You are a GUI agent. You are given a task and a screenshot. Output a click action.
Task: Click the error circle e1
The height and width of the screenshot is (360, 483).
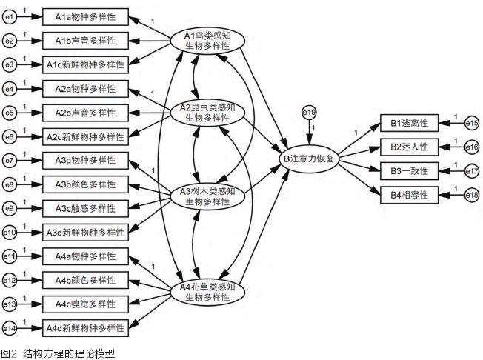pos(10,16)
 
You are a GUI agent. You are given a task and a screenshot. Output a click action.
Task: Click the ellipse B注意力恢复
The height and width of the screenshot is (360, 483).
pos(309,158)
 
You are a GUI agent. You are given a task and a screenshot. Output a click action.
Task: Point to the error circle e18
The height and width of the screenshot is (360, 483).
pos(472,195)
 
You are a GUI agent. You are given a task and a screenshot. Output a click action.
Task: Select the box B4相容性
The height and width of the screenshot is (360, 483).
pos(409,195)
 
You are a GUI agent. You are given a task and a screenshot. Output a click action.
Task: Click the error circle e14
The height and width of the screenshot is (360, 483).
pos(10,327)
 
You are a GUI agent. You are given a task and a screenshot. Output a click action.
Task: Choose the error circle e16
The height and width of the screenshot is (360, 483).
pos(472,147)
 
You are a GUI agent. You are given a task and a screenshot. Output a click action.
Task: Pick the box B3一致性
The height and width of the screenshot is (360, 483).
pos(409,171)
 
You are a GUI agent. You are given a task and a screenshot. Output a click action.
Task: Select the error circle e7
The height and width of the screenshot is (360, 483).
pos(10,160)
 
